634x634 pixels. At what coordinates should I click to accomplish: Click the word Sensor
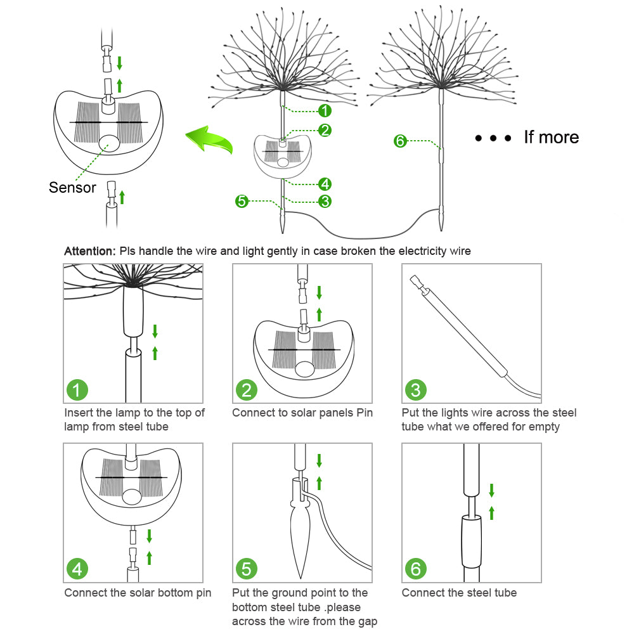pyautogui.click(x=72, y=188)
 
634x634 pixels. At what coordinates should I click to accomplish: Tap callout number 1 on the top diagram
pyautogui.click(x=325, y=111)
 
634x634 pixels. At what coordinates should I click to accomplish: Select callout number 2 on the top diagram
pyautogui.click(x=325, y=130)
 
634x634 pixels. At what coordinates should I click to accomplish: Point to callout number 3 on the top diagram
pyautogui.click(x=325, y=202)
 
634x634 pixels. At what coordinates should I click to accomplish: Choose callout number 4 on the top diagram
pyautogui.click(x=325, y=184)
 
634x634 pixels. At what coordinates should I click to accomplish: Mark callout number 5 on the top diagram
pyautogui.click(x=242, y=202)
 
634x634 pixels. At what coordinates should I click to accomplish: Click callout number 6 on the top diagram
pyautogui.click(x=399, y=141)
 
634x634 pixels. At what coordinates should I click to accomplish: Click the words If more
pyautogui.click(x=551, y=137)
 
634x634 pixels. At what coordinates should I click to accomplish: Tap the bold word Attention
pyautogui.click(x=89, y=251)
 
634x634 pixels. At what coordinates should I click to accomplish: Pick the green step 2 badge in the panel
pyautogui.click(x=246, y=390)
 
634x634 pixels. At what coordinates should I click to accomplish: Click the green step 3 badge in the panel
pyautogui.click(x=415, y=390)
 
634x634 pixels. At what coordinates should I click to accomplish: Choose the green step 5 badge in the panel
pyautogui.click(x=246, y=569)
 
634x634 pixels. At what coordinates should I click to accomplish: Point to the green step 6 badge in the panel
pyautogui.click(x=415, y=569)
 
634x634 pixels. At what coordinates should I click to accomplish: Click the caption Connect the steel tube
pyautogui.click(x=459, y=593)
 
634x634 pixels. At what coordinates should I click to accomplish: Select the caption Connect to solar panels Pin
pyautogui.click(x=302, y=413)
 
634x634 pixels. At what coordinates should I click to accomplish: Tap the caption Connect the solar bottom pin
pyautogui.click(x=138, y=593)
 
